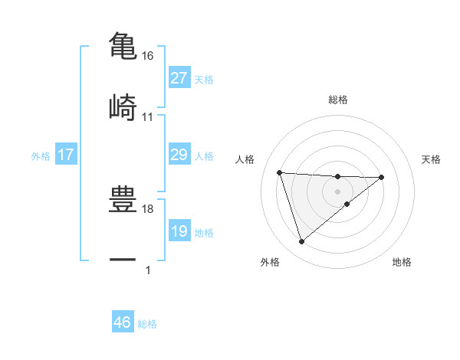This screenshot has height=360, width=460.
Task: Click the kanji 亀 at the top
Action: click(123, 45)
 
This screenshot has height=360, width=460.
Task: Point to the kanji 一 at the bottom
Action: click(123, 260)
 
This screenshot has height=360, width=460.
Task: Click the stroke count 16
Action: click(148, 56)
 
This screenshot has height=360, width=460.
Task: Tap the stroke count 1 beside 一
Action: click(148, 270)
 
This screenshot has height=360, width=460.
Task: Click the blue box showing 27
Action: click(179, 78)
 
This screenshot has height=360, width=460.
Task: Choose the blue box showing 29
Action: click(179, 155)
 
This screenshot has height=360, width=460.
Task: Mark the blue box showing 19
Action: click(179, 231)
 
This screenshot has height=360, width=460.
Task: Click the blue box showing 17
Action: click(66, 155)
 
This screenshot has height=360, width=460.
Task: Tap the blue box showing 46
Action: click(123, 322)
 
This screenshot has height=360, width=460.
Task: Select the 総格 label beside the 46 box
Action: click(147, 324)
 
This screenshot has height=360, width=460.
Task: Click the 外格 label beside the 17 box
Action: click(41, 156)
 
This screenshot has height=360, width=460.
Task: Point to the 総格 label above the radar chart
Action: click(337, 100)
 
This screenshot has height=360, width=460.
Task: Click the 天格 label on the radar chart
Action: click(432, 159)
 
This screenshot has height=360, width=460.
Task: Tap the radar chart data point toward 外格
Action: click(301, 242)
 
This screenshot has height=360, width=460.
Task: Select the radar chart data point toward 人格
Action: click(280, 172)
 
